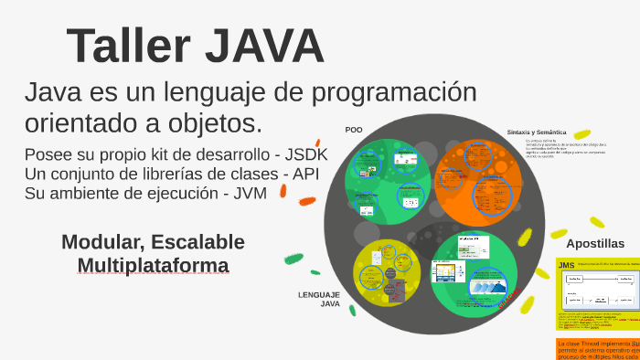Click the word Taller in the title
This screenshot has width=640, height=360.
tap(125, 47)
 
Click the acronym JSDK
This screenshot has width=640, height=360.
tap(306, 154)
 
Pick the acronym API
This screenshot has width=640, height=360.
tap(311, 174)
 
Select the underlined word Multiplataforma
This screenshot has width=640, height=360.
tap(153, 266)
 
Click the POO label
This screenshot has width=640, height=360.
tap(354, 130)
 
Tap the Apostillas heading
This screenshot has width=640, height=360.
tap(595, 244)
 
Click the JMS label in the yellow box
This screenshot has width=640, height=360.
tap(567, 266)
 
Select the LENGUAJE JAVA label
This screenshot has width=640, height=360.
tap(319, 299)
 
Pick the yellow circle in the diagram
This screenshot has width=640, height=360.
tap(387, 273)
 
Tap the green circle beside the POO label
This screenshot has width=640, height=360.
tap(387, 181)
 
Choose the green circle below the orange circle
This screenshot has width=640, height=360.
tap(473, 275)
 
